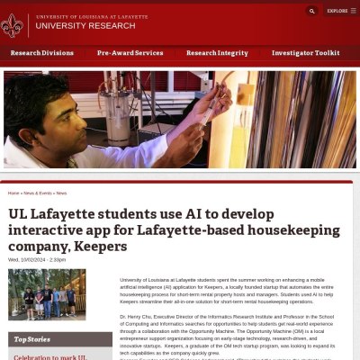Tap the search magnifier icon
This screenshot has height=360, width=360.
click(312, 11)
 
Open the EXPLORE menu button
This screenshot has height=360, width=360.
click(339, 11)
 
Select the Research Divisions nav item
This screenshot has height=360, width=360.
click(41, 53)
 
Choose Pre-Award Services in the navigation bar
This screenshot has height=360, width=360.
click(130, 53)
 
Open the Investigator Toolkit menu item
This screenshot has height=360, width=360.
click(306, 53)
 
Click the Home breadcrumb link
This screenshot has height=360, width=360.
click(13, 193)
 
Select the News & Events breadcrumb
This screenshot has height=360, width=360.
click(36, 193)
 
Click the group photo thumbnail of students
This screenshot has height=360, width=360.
click(48, 294)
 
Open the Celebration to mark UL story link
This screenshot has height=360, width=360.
click(49, 356)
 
